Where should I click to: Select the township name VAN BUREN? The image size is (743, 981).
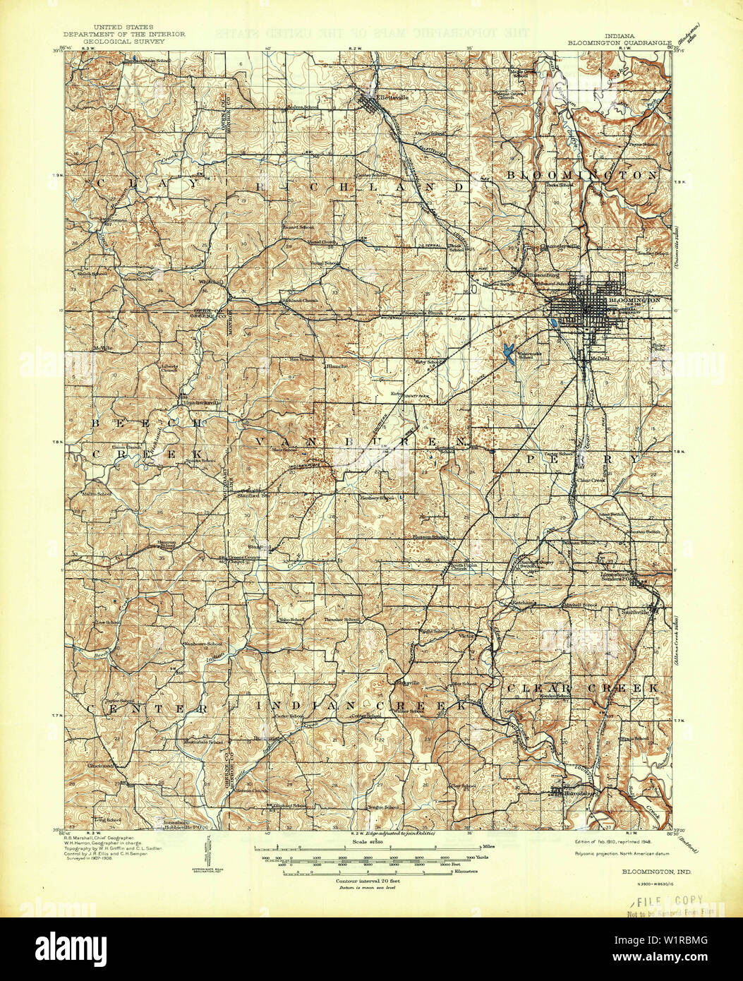pos(360,441)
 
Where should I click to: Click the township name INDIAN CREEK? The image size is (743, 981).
pos(361,706)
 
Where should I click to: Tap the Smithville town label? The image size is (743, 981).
pos(638,613)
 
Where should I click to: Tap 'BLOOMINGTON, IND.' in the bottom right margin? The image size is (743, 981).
pos(656,872)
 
